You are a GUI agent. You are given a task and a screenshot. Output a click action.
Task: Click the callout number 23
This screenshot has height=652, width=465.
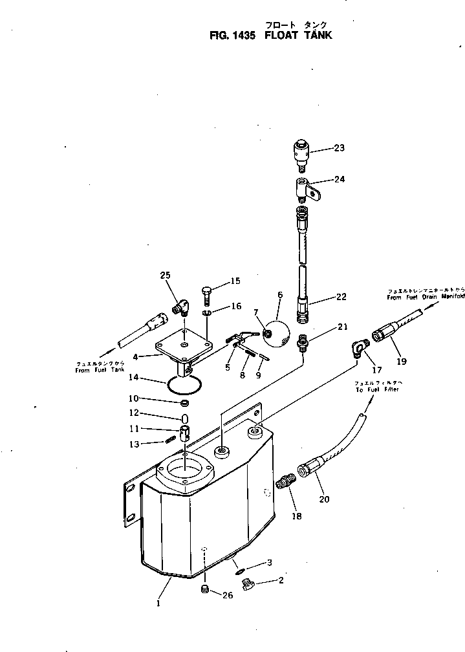point(339,148)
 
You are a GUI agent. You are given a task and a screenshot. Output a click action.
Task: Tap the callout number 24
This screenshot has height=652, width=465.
point(339,180)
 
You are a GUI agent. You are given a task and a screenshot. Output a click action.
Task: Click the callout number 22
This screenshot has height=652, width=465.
point(341,297)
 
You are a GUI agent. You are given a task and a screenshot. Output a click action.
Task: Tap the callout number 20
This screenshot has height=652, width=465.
point(324,499)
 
